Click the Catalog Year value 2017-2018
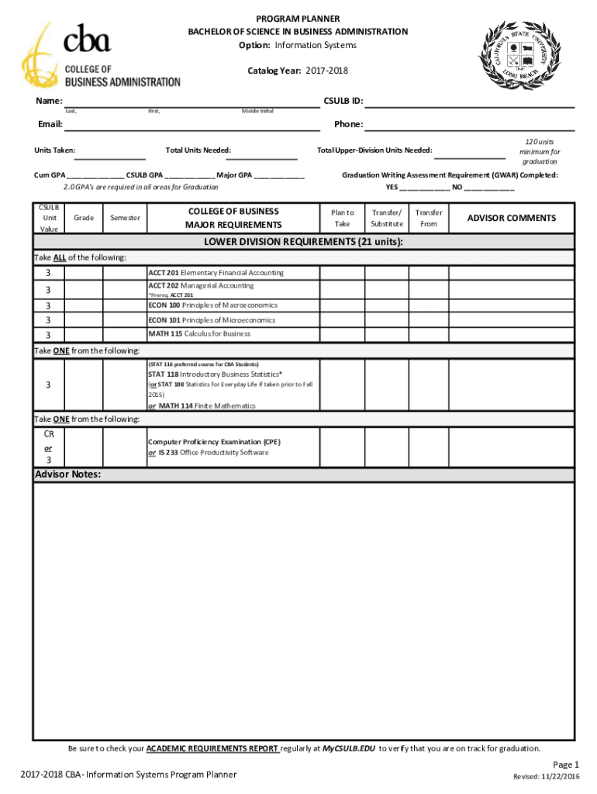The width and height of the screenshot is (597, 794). (326, 71)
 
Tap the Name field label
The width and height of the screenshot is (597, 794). (48, 102)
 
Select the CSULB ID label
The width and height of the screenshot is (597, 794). (343, 102)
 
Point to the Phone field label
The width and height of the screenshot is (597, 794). (348, 124)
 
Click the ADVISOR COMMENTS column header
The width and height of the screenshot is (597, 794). (511, 218)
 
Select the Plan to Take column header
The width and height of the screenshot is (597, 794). (342, 218)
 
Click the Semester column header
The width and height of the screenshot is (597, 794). (125, 218)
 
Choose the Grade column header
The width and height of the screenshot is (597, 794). (84, 218)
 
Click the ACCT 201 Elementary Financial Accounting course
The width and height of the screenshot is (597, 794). (216, 273)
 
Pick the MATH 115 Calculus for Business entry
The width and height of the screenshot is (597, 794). (199, 333)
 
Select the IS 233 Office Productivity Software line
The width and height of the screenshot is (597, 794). (209, 452)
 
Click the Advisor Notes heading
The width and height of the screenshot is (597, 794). (67, 474)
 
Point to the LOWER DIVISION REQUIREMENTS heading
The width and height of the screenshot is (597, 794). (303, 242)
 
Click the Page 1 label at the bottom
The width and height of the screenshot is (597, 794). (566, 764)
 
